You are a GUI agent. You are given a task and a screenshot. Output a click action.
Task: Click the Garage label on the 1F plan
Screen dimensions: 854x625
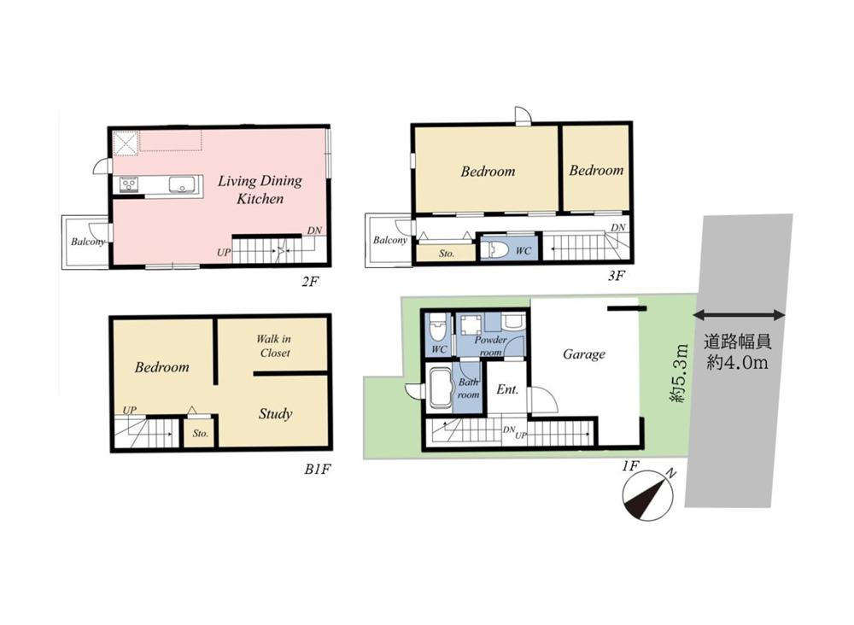584,354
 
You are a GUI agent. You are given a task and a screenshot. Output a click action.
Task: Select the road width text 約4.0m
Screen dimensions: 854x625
738,363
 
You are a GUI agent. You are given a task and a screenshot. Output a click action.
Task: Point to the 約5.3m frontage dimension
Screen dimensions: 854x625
678,373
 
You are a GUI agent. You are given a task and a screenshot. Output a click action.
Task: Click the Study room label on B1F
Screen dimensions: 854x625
276,414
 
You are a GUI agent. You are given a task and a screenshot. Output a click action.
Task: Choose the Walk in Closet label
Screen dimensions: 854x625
274,346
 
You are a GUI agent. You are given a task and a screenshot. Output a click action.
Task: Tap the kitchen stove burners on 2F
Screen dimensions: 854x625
129,184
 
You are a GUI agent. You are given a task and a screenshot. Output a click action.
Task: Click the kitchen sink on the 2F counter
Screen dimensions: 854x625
179,184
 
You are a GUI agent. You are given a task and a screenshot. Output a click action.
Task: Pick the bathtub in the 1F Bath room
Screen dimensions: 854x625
442,388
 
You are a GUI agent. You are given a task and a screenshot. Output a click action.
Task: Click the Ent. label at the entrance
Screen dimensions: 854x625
507,390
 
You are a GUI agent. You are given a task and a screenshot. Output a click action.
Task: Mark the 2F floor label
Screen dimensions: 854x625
310,282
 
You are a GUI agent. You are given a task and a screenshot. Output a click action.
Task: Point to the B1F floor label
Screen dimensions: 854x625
318,470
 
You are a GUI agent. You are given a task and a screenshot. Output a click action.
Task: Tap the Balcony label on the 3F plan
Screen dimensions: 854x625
390,240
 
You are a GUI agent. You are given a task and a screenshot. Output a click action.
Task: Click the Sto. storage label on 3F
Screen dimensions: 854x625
447,254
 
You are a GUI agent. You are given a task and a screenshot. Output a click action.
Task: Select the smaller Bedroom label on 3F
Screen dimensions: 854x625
596,171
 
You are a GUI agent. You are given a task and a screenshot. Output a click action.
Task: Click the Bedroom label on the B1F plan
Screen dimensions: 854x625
161,367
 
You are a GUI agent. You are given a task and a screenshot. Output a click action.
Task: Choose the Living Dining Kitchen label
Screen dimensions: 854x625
260,190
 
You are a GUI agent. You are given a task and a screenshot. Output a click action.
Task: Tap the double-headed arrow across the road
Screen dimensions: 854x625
739,315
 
